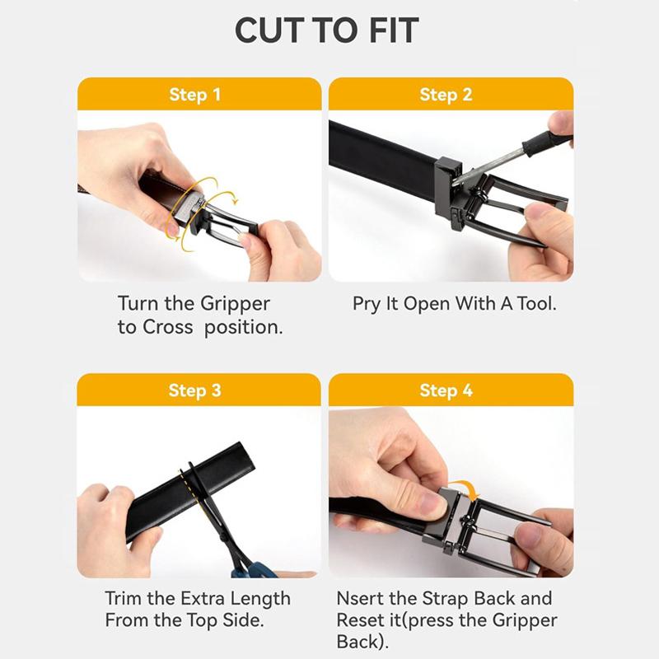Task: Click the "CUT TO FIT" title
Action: pos(326,30)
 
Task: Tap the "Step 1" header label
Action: pos(194,95)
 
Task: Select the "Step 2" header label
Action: pos(446,95)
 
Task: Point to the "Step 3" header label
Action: pos(194,390)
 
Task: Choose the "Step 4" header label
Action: pos(446,390)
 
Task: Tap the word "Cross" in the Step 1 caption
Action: pos(167,327)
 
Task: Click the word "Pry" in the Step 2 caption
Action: pos(367,304)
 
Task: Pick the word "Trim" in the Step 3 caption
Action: pos(124,598)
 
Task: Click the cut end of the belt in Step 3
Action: pos(247,457)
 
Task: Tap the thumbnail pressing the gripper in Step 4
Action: pos(434,503)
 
